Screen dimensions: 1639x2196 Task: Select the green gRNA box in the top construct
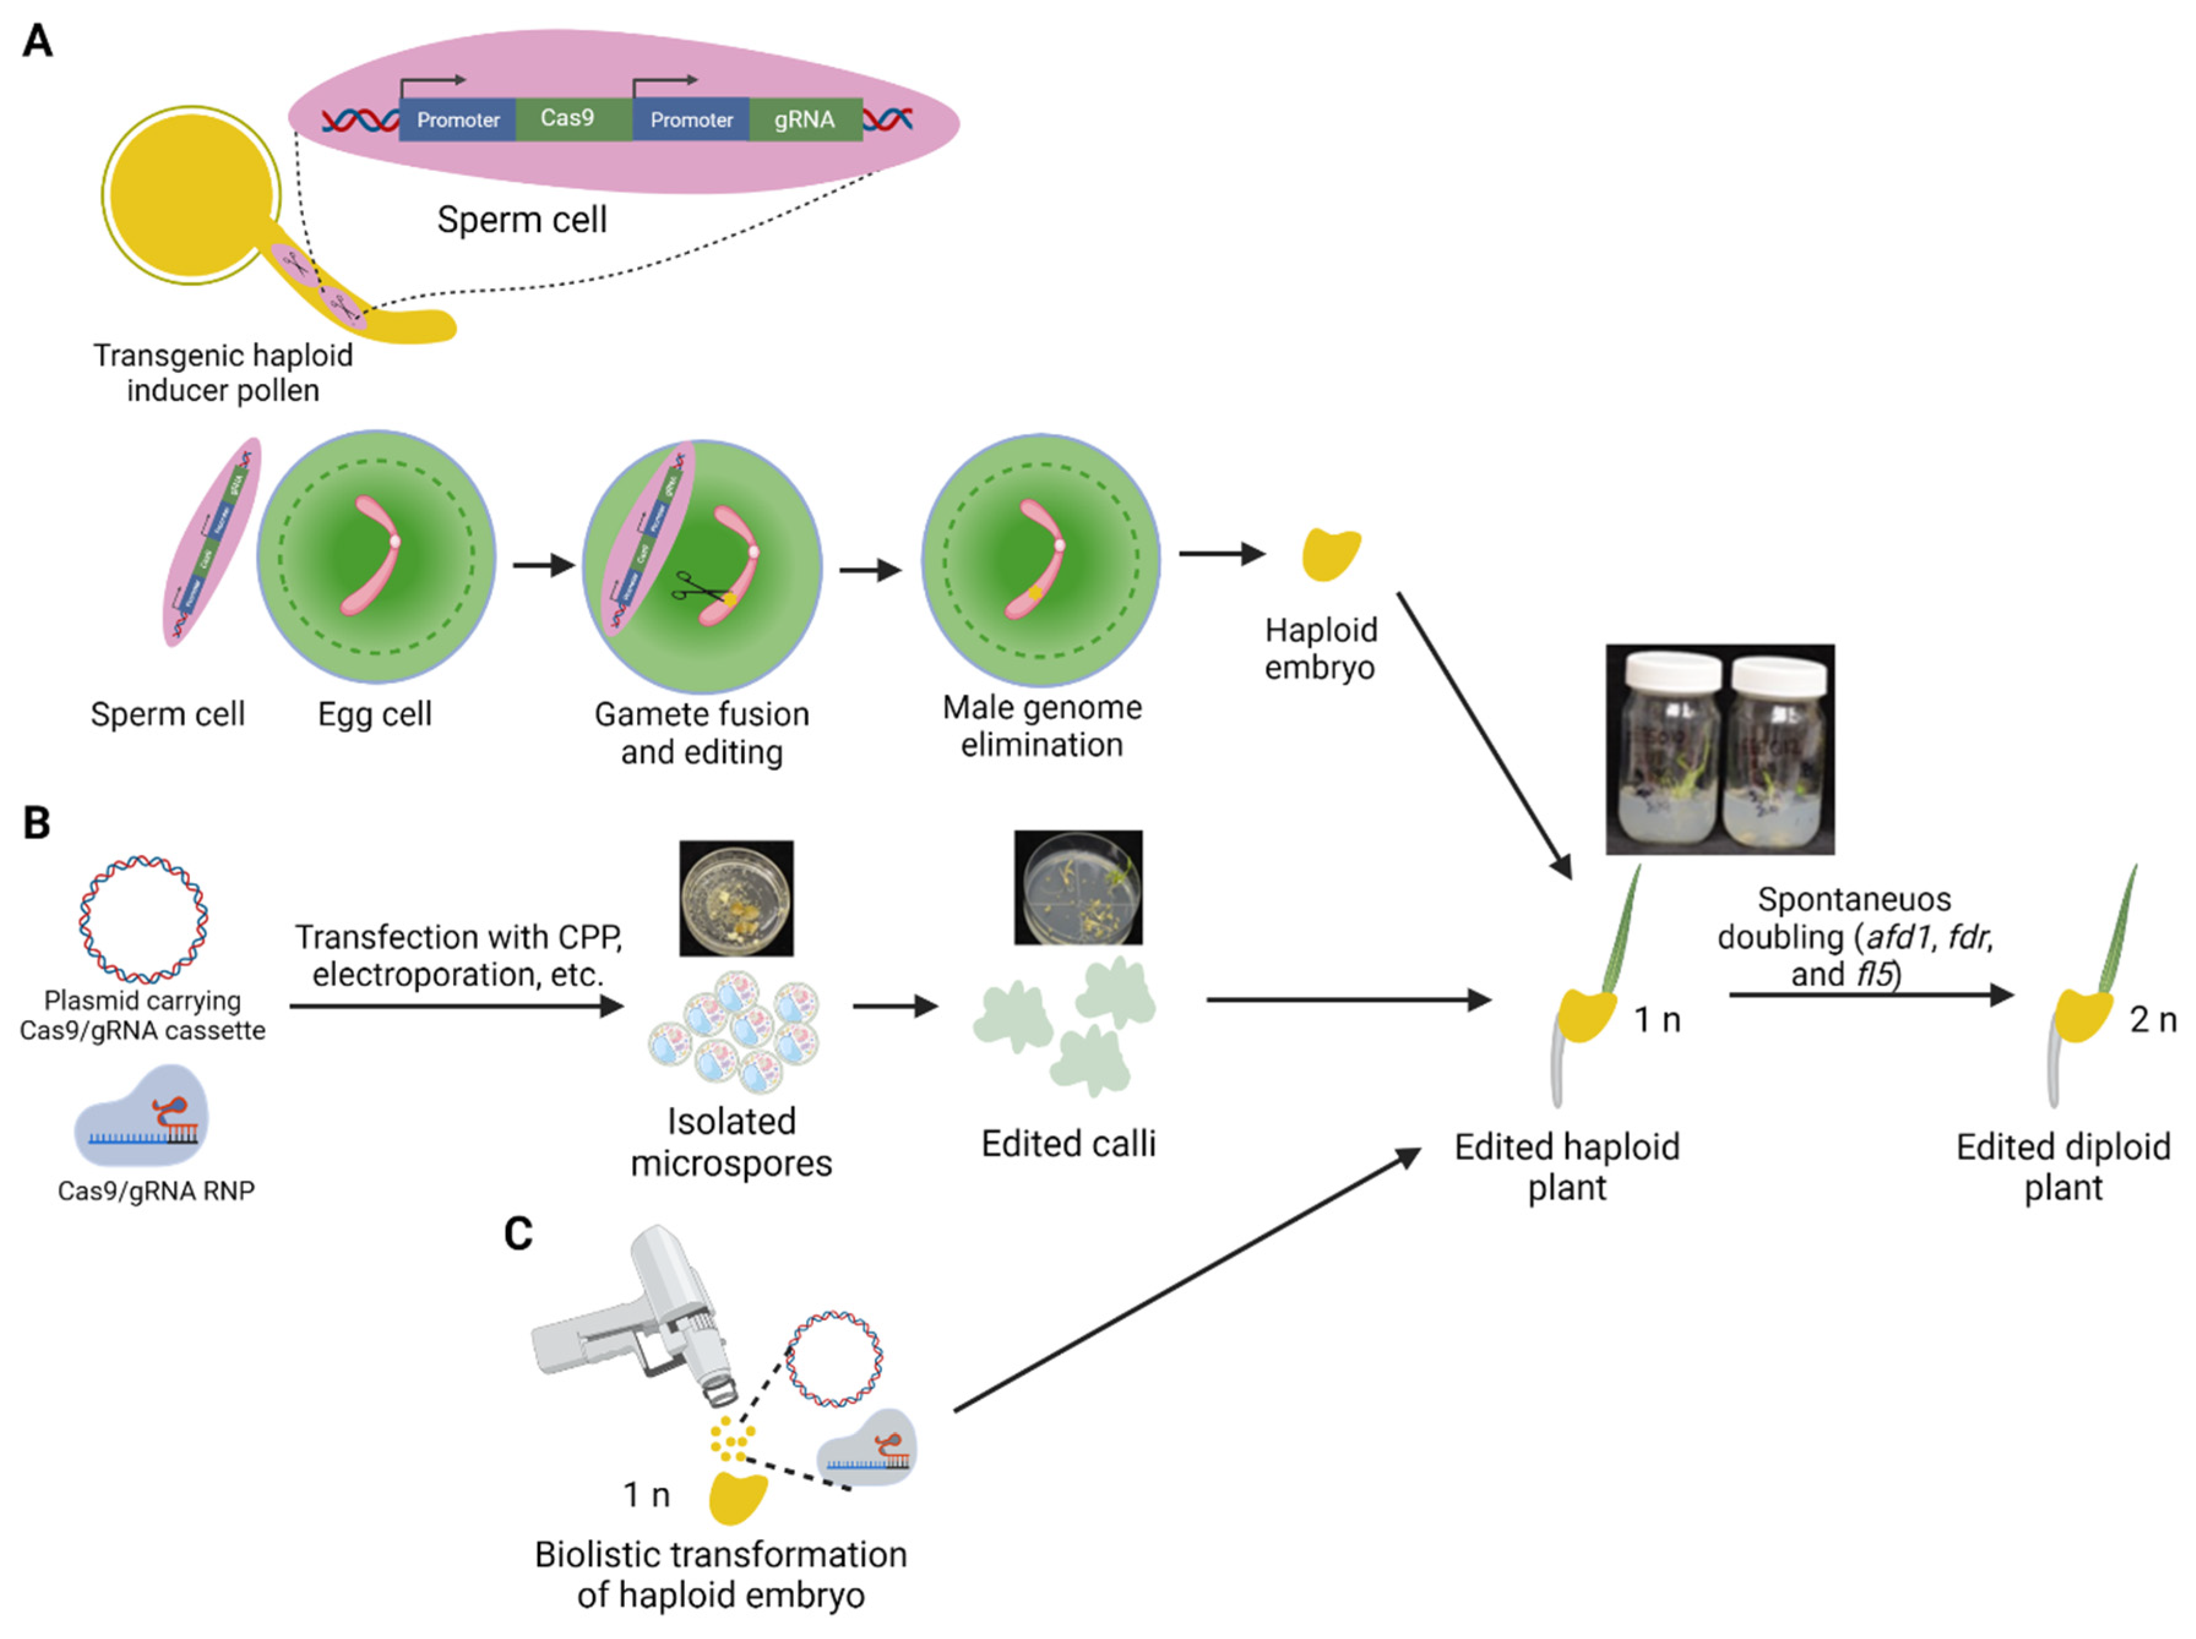(805, 119)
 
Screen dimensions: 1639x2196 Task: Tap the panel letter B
(37, 822)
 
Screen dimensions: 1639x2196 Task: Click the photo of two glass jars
(1719, 749)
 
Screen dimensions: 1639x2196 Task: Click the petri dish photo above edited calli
(1077, 887)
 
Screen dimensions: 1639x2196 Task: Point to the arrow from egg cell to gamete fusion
(544, 566)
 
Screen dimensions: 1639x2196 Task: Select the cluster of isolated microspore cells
(734, 1032)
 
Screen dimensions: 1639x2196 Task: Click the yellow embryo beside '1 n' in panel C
(738, 1496)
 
